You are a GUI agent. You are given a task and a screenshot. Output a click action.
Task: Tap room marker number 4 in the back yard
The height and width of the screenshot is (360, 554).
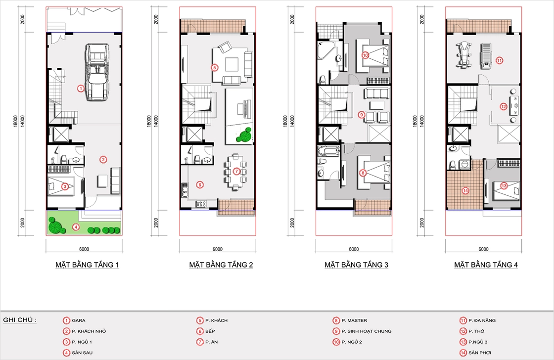76,227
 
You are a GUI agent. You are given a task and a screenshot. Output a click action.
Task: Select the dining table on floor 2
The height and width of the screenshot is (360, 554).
235,172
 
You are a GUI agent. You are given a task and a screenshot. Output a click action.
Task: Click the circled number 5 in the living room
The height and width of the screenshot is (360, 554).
215,67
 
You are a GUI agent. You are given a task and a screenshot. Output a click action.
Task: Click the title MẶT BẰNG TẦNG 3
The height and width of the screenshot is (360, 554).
356,265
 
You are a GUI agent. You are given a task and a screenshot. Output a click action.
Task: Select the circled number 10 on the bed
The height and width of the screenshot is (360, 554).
366,55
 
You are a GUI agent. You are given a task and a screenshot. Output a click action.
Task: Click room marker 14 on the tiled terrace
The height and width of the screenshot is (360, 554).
465,191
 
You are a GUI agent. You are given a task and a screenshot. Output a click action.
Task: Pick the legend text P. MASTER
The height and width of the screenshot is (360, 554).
354,320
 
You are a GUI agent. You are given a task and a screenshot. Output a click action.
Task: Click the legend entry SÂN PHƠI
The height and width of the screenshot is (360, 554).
479,353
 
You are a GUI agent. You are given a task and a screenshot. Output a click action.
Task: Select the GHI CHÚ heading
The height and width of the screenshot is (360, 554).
19,320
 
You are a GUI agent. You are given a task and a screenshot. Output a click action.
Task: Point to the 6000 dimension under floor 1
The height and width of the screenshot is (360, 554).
84,249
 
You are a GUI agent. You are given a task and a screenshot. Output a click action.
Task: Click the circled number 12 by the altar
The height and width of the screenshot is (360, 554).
504,106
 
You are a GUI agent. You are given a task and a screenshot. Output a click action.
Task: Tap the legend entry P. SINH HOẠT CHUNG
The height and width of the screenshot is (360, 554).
367,331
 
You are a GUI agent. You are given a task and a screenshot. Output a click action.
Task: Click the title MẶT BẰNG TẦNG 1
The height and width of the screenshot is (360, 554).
87,265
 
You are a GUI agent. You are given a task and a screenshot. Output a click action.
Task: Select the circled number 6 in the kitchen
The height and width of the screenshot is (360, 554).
200,184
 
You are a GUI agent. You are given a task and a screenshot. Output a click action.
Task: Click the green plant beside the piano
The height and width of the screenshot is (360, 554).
244,135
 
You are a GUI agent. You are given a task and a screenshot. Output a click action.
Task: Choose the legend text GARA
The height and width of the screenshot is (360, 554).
79,320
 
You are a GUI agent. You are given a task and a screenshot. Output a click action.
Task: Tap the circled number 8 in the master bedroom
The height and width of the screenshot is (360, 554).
363,173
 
